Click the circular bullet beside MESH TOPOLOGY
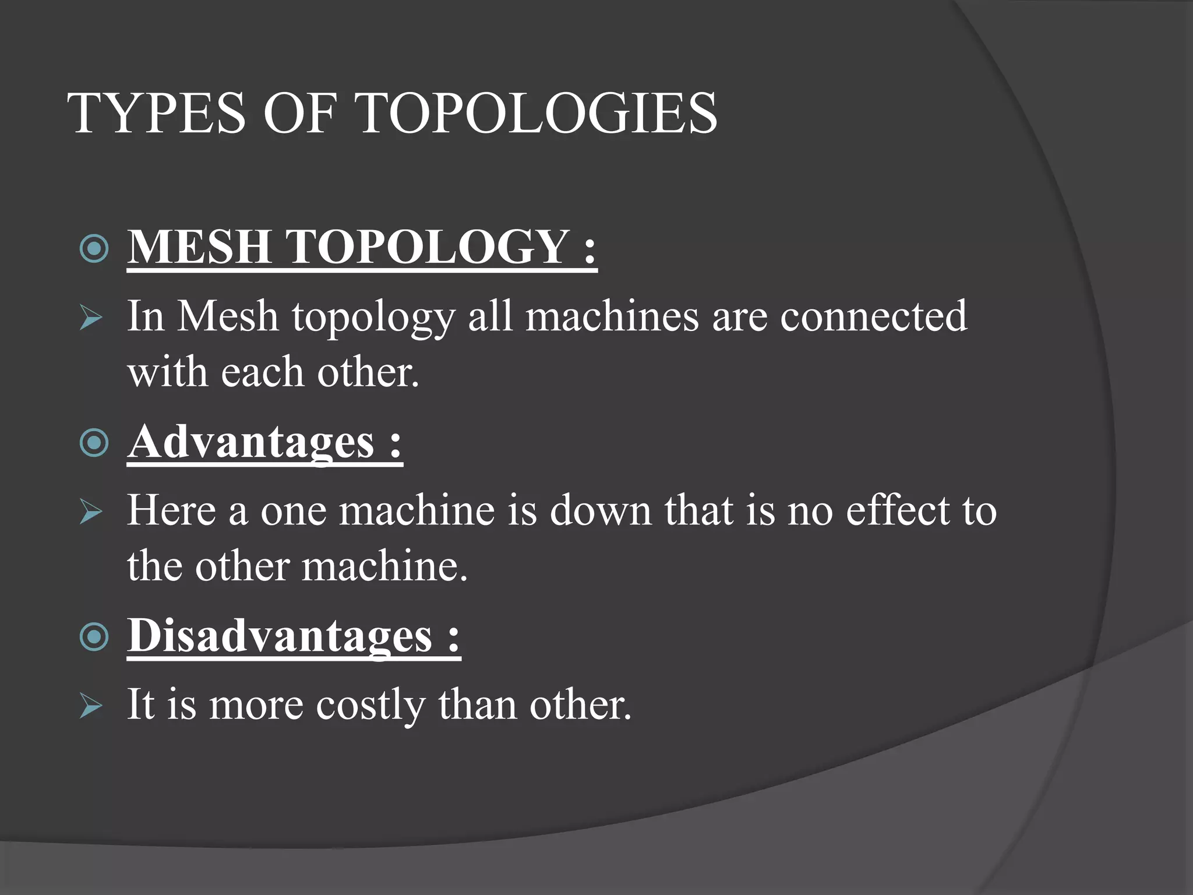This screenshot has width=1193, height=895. click(94, 248)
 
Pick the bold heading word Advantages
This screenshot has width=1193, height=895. click(251, 442)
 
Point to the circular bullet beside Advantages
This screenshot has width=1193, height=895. click(94, 443)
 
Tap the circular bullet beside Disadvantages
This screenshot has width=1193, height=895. click(94, 637)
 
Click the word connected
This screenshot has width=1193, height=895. click(873, 316)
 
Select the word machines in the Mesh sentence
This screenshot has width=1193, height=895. click(612, 316)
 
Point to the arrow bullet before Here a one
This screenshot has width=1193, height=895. click(91, 512)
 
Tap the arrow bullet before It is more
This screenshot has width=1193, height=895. click(91, 706)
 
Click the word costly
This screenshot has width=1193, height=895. click(370, 706)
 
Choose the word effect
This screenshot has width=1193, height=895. click(898, 510)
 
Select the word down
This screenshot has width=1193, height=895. click(601, 510)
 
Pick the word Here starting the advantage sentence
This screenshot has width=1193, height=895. click(172, 510)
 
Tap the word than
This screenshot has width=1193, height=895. click(478, 704)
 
